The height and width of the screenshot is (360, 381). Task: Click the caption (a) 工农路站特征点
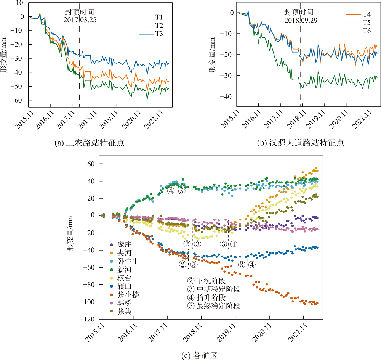[x=90, y=143]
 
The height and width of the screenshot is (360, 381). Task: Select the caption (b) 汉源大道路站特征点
[x=301, y=143]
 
